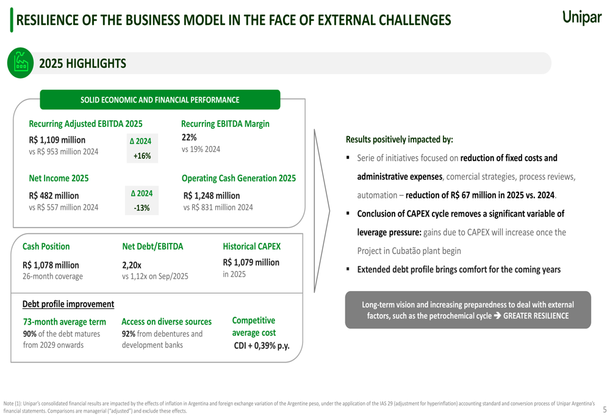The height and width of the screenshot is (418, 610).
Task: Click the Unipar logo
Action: pos(581,18)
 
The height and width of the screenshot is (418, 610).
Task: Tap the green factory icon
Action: pos(21,63)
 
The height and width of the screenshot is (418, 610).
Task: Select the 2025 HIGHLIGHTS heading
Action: pos(82,63)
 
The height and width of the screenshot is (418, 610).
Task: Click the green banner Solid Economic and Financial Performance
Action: pos(160,99)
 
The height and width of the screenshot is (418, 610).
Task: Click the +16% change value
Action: pos(142,156)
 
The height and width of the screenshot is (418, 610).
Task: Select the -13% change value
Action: pos(142,208)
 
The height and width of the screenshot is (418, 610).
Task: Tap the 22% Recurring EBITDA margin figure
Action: pos(189,137)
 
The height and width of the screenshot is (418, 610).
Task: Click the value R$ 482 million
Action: pos(54,195)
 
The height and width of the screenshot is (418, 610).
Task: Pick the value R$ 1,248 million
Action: pos(212,195)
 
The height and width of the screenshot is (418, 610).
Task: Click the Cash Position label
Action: pos(46,247)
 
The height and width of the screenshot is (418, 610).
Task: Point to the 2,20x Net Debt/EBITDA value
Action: pos(132,265)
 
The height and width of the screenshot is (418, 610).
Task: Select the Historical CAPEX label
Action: pos(251,247)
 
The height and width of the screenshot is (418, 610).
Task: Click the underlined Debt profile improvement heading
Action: pos(68,304)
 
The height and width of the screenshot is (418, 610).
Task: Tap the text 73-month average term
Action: pos(64,322)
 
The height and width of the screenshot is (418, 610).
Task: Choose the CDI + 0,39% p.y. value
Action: pos(262,346)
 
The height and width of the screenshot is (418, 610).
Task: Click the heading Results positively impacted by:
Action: pos(399,139)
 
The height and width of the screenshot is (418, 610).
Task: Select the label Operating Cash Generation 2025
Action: pos(239,178)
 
